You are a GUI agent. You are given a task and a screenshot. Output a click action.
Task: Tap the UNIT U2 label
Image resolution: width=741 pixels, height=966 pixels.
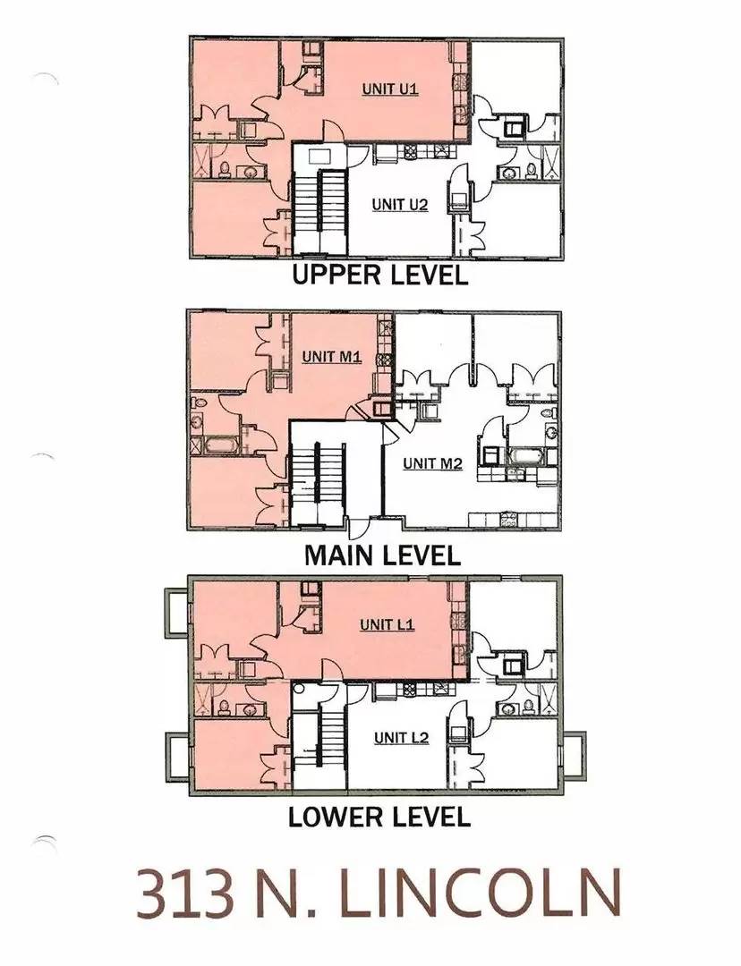click(x=399, y=205)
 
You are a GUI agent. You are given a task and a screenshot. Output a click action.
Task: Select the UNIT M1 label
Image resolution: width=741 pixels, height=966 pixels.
click(x=331, y=357)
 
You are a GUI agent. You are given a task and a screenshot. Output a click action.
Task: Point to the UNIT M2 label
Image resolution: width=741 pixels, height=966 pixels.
click(x=432, y=463)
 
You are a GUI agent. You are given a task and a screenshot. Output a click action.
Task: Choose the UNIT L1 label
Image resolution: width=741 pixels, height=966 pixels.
click(x=387, y=624)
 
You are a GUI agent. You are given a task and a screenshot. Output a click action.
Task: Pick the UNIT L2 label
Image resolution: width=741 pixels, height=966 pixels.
click(x=401, y=738)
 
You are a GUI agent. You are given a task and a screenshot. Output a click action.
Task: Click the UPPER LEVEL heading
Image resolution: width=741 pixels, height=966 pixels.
click(x=380, y=275)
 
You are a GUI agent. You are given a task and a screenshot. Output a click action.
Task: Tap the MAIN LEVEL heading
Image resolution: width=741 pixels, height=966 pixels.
click(x=382, y=555)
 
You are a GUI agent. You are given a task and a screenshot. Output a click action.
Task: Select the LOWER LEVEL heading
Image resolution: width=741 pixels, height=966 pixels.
click(x=379, y=817)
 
